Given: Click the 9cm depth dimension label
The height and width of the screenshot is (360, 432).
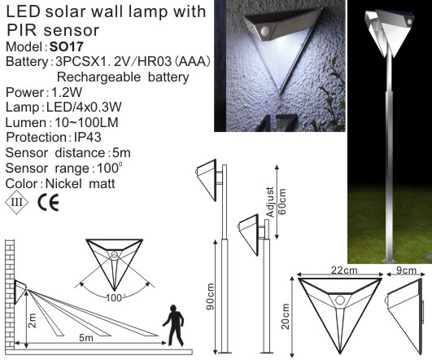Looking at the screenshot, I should pyautogui.click(x=404, y=268).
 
